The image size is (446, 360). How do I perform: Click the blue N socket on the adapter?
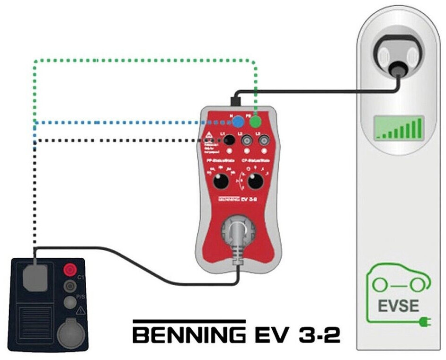(238, 122)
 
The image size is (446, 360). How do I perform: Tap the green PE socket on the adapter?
(256, 122)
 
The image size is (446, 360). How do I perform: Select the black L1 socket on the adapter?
(229, 140)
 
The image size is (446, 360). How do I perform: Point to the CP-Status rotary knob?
(256, 182)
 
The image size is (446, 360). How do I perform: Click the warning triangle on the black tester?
(80, 311)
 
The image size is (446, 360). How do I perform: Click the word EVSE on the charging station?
(399, 306)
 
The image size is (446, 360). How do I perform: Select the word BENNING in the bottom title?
(189, 335)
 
